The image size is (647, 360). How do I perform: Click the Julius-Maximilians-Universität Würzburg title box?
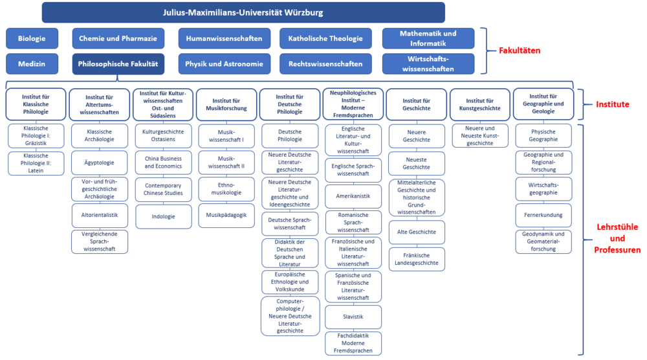point(243,12)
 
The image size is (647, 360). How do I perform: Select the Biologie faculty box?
point(32,38)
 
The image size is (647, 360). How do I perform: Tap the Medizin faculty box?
point(32,64)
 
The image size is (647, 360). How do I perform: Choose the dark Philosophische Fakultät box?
point(118,64)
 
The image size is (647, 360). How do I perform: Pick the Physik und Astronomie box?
point(224,64)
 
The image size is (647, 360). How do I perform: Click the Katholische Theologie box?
point(325,38)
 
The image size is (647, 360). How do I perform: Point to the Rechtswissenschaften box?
point(325,64)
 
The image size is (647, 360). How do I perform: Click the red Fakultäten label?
point(518,51)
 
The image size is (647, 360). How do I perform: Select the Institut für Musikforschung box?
point(226,104)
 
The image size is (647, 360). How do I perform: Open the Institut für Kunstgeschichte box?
point(479,104)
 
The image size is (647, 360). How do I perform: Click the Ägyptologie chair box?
point(100,163)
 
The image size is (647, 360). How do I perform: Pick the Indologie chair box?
point(163,216)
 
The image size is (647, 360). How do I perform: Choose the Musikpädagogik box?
point(226,215)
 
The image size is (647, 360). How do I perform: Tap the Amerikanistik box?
point(353,196)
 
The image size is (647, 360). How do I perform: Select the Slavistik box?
point(353,316)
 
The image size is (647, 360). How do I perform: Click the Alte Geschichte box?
point(417,232)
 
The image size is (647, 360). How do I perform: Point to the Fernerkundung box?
point(543,215)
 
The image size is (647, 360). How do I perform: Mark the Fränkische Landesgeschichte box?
point(417,258)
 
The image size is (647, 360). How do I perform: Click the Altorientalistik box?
point(100,215)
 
